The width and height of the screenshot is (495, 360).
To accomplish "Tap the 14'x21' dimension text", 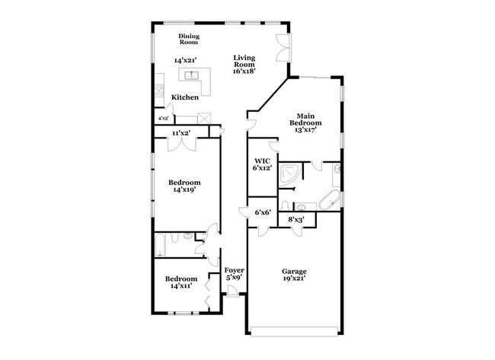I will (x=186, y=60).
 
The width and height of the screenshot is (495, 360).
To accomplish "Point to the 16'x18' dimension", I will (x=244, y=71).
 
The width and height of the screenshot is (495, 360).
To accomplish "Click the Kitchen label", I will (x=185, y=97).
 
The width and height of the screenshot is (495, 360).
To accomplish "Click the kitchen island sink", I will (x=190, y=75).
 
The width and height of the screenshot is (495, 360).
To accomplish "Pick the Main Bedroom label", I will (x=305, y=119).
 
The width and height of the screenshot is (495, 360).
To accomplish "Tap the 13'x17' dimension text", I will (x=305, y=129).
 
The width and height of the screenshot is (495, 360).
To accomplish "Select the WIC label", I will (x=263, y=161).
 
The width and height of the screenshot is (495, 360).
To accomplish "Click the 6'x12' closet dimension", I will (x=263, y=168).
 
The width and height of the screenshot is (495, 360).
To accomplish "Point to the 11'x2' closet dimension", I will (x=180, y=133).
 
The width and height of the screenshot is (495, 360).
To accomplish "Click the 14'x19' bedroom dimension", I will (x=185, y=190).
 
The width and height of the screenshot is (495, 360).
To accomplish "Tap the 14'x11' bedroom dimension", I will (x=181, y=286).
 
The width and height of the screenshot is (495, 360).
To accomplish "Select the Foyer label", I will (x=234, y=270).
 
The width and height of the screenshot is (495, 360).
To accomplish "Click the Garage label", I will (x=294, y=271).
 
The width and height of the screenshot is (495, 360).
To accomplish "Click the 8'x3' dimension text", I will (x=296, y=219).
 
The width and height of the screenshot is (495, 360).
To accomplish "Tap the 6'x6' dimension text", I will (x=263, y=212).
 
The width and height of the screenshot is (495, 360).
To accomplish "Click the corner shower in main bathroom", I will (x=289, y=174).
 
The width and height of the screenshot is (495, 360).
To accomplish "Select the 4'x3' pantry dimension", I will (x=163, y=119).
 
